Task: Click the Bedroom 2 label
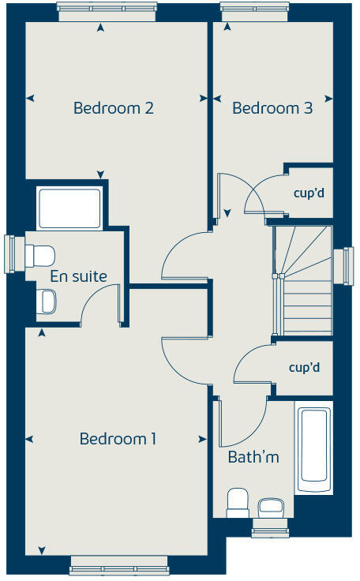click(x=113, y=108)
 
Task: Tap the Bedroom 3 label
click(x=272, y=108)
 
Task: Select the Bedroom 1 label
click(x=118, y=439)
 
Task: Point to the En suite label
click(x=78, y=276)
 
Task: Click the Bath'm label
click(x=253, y=457)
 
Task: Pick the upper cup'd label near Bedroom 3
click(x=309, y=192)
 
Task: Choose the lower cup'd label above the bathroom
click(x=304, y=368)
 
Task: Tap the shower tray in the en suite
click(x=69, y=207)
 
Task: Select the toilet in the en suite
click(x=39, y=255)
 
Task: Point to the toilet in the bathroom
click(x=238, y=503)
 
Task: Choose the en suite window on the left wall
click(x=10, y=254)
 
